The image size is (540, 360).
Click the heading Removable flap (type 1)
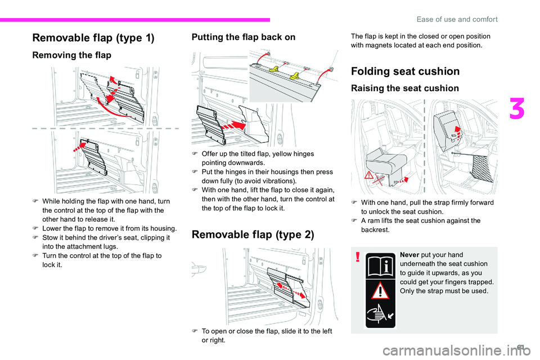point(93,38)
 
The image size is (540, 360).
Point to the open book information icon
point(380,265)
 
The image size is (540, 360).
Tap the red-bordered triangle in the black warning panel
point(381,291)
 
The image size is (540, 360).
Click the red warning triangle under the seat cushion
point(370,175)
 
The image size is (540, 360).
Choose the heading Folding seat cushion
point(405,71)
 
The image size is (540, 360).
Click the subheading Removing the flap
point(71,55)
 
